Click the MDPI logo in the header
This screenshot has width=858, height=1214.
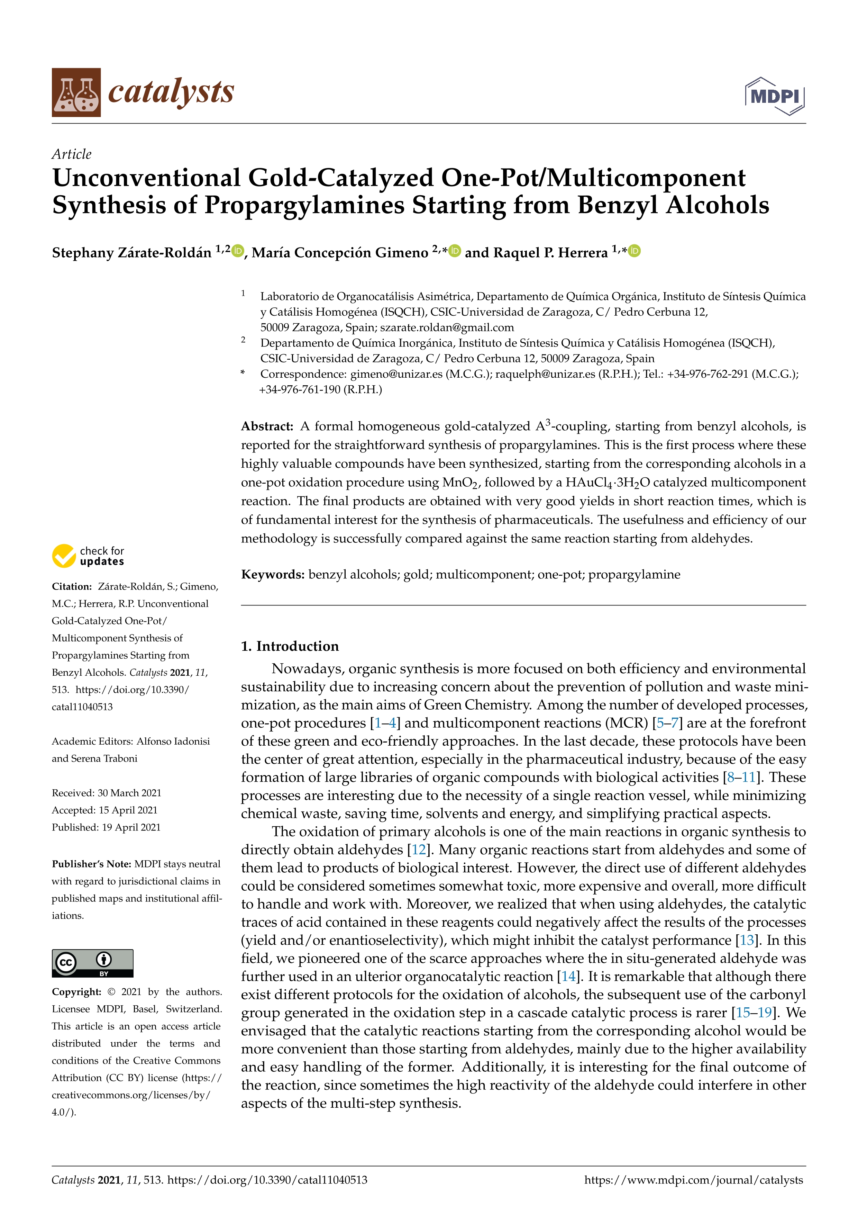pos(775,96)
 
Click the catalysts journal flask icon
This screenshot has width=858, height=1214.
pos(76,92)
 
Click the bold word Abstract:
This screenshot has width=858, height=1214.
pos(267,426)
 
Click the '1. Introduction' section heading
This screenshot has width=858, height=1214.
pos(290,646)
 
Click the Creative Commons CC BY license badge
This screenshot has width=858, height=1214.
pos(92,963)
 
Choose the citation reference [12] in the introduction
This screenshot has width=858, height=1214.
pos(418,850)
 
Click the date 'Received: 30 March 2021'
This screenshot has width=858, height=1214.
pos(106,793)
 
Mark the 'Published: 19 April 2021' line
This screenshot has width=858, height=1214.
pos(106,827)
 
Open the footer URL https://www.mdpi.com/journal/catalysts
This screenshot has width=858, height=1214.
pos(693,1180)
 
